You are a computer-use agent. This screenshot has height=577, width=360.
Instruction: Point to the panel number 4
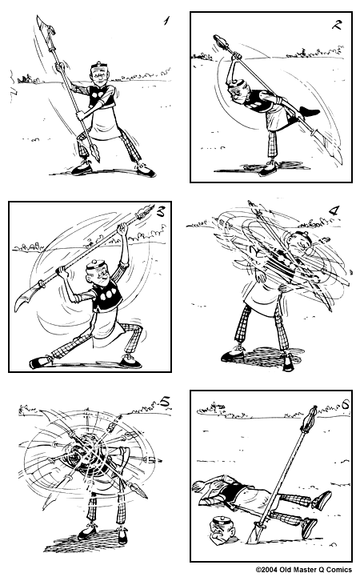(x=334, y=212)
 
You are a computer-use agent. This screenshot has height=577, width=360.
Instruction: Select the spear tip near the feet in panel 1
(x=92, y=152)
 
